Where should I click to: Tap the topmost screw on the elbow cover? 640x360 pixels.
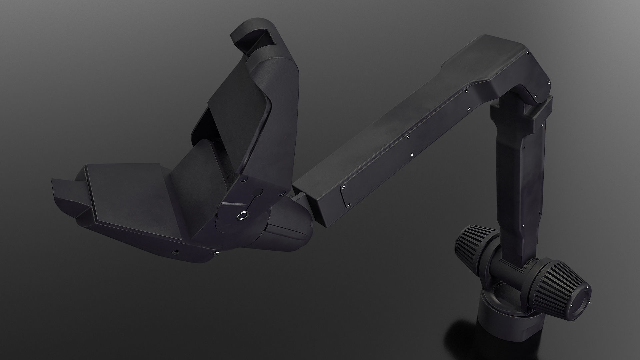528,53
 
